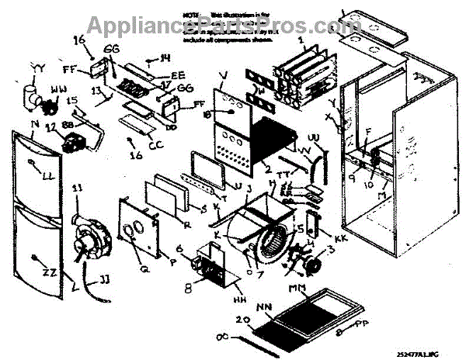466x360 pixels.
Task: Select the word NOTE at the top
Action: (x=193, y=15)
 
